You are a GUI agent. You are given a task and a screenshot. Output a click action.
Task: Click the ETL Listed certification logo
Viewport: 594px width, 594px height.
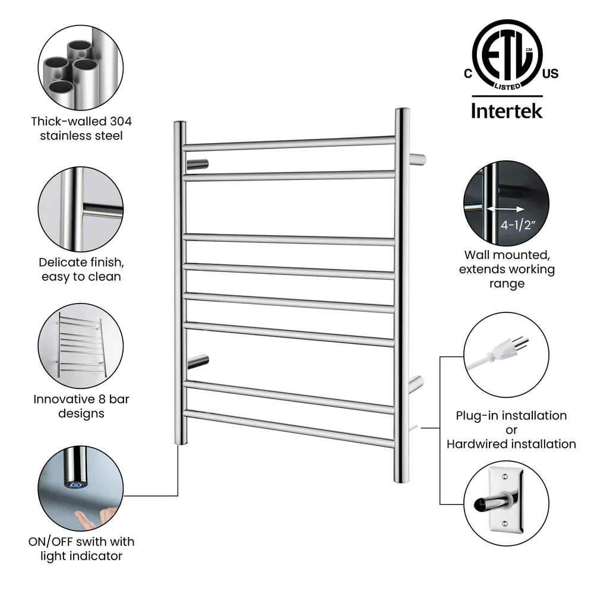tap(507, 55)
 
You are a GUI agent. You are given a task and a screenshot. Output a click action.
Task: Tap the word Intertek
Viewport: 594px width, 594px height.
tap(507, 110)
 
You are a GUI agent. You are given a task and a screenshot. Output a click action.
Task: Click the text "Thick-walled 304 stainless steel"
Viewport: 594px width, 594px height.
tap(81, 128)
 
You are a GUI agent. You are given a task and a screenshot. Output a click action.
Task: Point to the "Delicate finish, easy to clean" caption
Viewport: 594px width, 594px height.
tap(81, 269)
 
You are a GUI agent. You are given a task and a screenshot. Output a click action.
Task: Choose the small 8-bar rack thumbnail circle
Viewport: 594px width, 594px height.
tap(81, 345)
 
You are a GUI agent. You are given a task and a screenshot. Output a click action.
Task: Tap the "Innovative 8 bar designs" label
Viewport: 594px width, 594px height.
tap(81, 406)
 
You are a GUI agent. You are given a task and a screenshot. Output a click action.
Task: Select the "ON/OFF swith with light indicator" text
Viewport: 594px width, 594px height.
tap(81, 549)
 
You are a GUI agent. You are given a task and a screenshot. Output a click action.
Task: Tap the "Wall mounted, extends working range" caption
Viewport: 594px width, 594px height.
tap(509, 269)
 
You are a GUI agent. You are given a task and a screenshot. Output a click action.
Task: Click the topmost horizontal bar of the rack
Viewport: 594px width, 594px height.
tap(289, 143)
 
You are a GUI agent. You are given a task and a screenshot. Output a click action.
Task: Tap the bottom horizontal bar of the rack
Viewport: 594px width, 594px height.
tap(289, 427)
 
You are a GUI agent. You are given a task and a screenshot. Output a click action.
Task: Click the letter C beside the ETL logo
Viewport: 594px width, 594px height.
tap(467, 74)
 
